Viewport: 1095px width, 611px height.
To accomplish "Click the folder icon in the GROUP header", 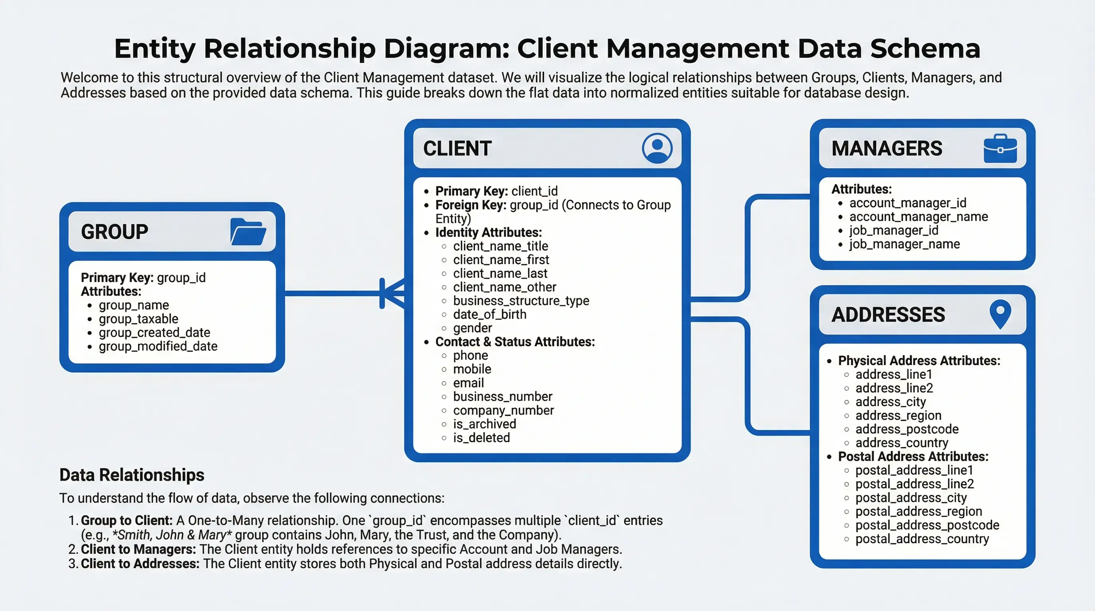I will pos(248,232).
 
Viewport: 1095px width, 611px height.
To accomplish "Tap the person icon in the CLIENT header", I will pos(657,148).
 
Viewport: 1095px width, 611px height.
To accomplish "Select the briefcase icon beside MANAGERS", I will pos(1000,149).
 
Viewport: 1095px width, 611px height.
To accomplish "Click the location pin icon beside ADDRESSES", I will pos(1000,314).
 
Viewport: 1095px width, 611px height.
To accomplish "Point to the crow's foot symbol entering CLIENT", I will pos(392,294).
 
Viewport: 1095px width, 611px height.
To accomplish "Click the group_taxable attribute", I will pos(138,319).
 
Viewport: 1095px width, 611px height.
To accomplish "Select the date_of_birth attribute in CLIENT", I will pos(489,314).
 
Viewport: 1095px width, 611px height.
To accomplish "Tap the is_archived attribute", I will pos(484,424).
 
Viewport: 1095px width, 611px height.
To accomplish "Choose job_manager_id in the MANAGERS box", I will pos(894,230).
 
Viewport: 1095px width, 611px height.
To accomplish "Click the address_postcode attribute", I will pos(907,429).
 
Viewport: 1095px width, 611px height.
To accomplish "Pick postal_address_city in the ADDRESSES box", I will pos(911,497).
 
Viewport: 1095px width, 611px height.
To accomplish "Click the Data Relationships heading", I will pos(132,475).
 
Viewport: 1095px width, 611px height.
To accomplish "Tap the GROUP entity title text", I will pos(114,232).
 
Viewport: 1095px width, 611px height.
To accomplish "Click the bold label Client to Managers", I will pos(138,549).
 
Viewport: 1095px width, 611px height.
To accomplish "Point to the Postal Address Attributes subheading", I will pos(913,456).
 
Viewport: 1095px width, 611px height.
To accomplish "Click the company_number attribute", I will pos(503,410).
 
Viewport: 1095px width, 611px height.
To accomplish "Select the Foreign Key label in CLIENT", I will pos(471,205).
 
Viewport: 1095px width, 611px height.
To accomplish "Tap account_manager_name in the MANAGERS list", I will pos(918,217).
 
